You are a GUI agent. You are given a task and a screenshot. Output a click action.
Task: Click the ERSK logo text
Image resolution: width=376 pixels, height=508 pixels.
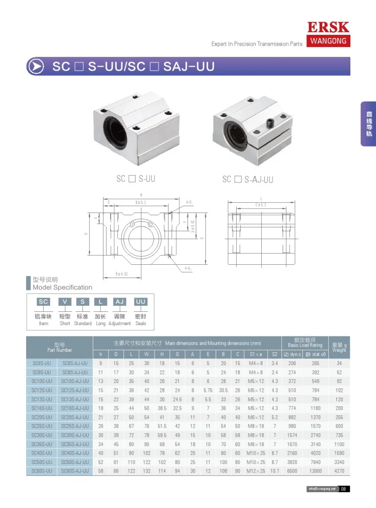(328, 28)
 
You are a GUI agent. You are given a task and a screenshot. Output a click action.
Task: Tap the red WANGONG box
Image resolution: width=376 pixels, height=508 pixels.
(328, 41)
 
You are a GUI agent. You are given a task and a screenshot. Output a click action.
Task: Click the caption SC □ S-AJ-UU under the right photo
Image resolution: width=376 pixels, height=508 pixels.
(247, 179)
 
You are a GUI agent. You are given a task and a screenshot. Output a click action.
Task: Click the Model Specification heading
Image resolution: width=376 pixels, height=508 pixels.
(62, 287)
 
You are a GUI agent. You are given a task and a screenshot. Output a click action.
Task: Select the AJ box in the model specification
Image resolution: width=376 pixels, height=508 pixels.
(119, 302)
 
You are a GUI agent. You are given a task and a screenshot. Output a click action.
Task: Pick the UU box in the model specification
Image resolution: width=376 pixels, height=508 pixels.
(140, 302)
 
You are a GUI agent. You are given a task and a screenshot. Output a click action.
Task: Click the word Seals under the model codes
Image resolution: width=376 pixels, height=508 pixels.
(140, 324)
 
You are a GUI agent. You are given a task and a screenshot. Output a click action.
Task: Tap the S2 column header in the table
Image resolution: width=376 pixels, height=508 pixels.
(275, 354)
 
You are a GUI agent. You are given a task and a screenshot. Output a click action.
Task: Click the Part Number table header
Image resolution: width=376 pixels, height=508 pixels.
(59, 347)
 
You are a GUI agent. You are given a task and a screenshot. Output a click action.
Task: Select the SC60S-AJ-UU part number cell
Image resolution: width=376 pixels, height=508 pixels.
(75, 471)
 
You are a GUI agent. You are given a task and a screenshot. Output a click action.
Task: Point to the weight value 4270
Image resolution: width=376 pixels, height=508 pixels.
(339, 471)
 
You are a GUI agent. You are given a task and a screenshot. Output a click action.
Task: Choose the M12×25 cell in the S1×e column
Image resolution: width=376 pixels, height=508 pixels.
(256, 471)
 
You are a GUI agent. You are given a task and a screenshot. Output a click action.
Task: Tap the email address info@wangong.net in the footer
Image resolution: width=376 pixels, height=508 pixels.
(321, 489)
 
